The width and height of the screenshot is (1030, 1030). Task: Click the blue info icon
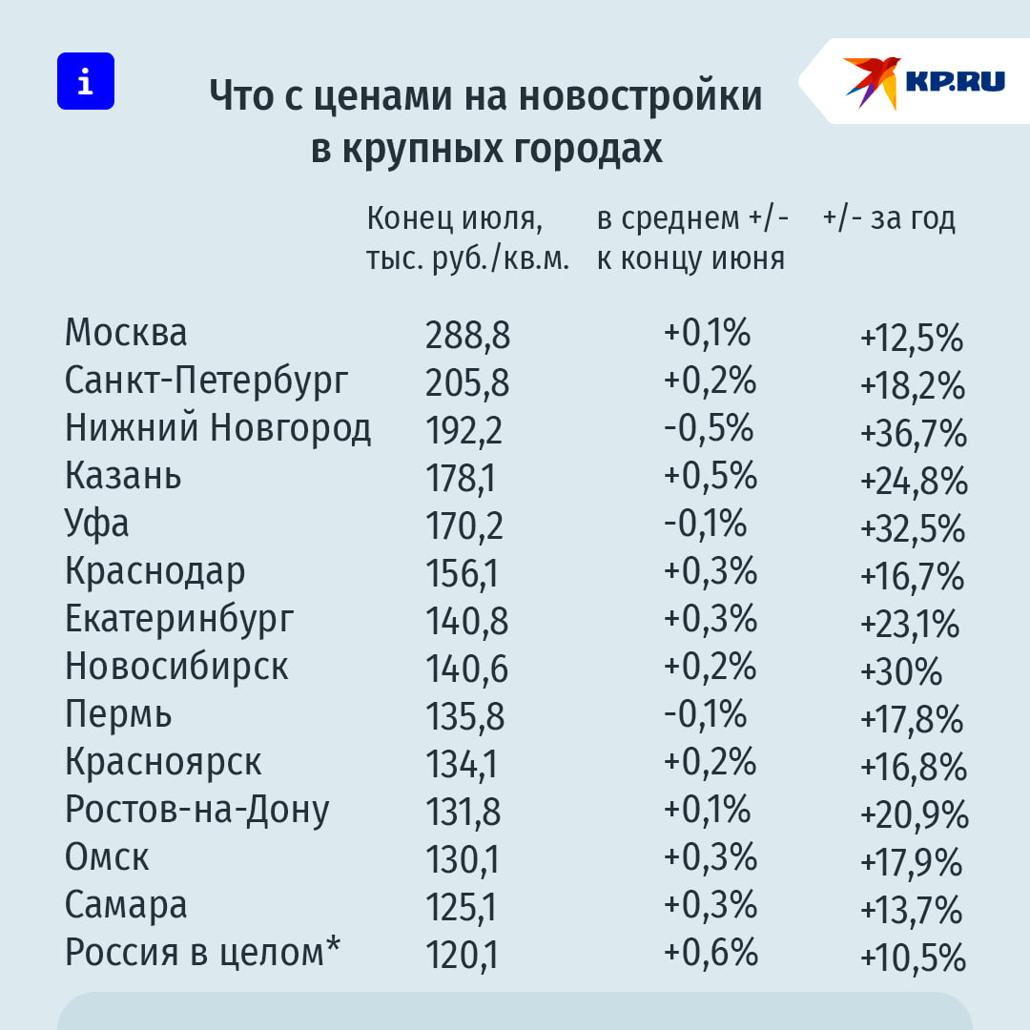(x=85, y=81)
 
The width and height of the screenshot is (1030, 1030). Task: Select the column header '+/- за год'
(x=888, y=219)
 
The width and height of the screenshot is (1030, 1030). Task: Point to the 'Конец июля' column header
(x=454, y=219)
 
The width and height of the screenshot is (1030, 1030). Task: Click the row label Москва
(x=126, y=333)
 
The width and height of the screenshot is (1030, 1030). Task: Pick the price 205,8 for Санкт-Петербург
(x=467, y=383)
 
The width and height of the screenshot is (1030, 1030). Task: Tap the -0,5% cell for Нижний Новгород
(x=708, y=428)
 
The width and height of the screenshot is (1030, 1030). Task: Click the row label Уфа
(x=96, y=524)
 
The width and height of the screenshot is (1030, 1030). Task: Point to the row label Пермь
(x=118, y=714)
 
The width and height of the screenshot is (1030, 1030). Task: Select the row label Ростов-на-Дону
(x=197, y=810)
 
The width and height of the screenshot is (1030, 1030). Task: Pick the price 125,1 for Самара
(x=461, y=908)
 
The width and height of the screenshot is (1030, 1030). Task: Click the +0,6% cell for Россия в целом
(x=711, y=953)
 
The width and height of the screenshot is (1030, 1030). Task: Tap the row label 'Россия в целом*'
(x=203, y=953)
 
